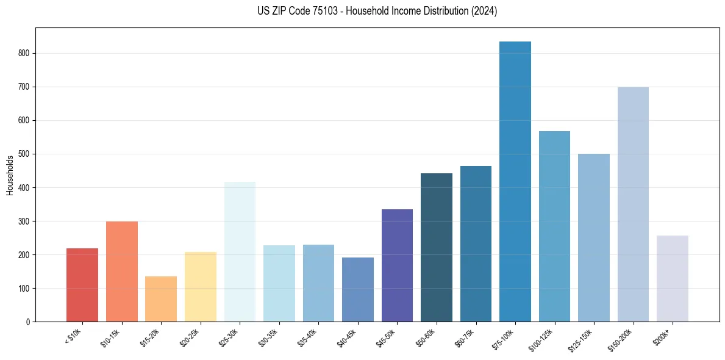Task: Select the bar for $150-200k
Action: pyautogui.click(x=633, y=204)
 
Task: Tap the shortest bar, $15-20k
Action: pyautogui.click(x=161, y=299)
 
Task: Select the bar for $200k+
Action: pyautogui.click(x=672, y=278)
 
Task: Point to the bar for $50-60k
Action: pyautogui.click(x=437, y=247)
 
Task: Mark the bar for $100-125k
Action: pyautogui.click(x=554, y=226)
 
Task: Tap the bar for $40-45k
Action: pyautogui.click(x=358, y=289)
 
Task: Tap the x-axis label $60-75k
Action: pyautogui.click(x=464, y=338)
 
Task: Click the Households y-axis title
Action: pyautogui.click(x=10, y=175)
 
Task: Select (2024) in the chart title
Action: pyautogui.click(x=484, y=11)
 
